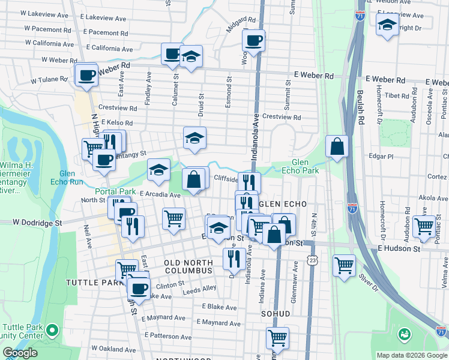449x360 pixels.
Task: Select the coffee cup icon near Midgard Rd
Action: (x=253, y=40)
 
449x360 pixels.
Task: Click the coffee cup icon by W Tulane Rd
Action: (x=87, y=75)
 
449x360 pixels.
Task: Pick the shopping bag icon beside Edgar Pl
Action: (x=337, y=146)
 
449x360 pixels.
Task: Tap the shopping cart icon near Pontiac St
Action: (x=424, y=227)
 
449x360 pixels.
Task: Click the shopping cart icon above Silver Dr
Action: (x=344, y=265)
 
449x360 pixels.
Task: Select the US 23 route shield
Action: (x=311, y=259)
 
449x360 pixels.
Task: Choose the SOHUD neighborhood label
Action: (x=276, y=313)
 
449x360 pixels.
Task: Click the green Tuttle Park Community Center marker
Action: (x=52, y=330)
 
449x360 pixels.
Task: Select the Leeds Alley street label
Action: (x=199, y=289)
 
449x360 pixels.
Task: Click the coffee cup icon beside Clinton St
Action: (x=139, y=287)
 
